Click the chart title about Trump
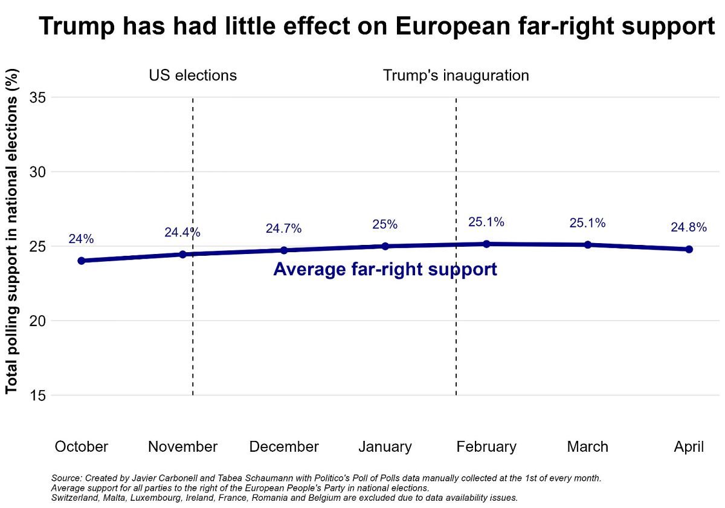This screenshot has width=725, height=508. pyautogui.click(x=377, y=27)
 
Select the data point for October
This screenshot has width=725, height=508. pyautogui.click(x=81, y=261)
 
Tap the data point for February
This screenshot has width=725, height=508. pyautogui.click(x=486, y=244)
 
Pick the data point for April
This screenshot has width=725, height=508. pyautogui.click(x=689, y=249)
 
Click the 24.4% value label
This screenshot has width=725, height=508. pyautogui.click(x=182, y=233)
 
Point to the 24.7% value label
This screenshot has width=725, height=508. pyautogui.click(x=283, y=229)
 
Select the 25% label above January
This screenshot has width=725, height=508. pyautogui.click(x=385, y=225)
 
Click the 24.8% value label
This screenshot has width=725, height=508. pyautogui.click(x=689, y=228)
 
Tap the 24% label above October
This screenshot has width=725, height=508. pyautogui.click(x=81, y=239)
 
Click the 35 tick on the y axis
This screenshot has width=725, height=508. pyautogui.click(x=39, y=97)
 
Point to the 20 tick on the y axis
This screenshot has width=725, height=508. pyautogui.click(x=39, y=321)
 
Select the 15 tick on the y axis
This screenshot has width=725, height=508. pyautogui.click(x=39, y=396)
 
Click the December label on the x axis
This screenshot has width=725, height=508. pyautogui.click(x=283, y=447)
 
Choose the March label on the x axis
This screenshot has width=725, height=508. pyautogui.click(x=587, y=447)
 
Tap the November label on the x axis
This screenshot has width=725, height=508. pyautogui.click(x=182, y=447)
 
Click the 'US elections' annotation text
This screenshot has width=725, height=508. pyautogui.click(x=193, y=76)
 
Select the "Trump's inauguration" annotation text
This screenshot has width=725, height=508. pyautogui.click(x=456, y=76)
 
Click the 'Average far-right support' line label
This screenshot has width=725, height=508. pyautogui.click(x=385, y=270)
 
